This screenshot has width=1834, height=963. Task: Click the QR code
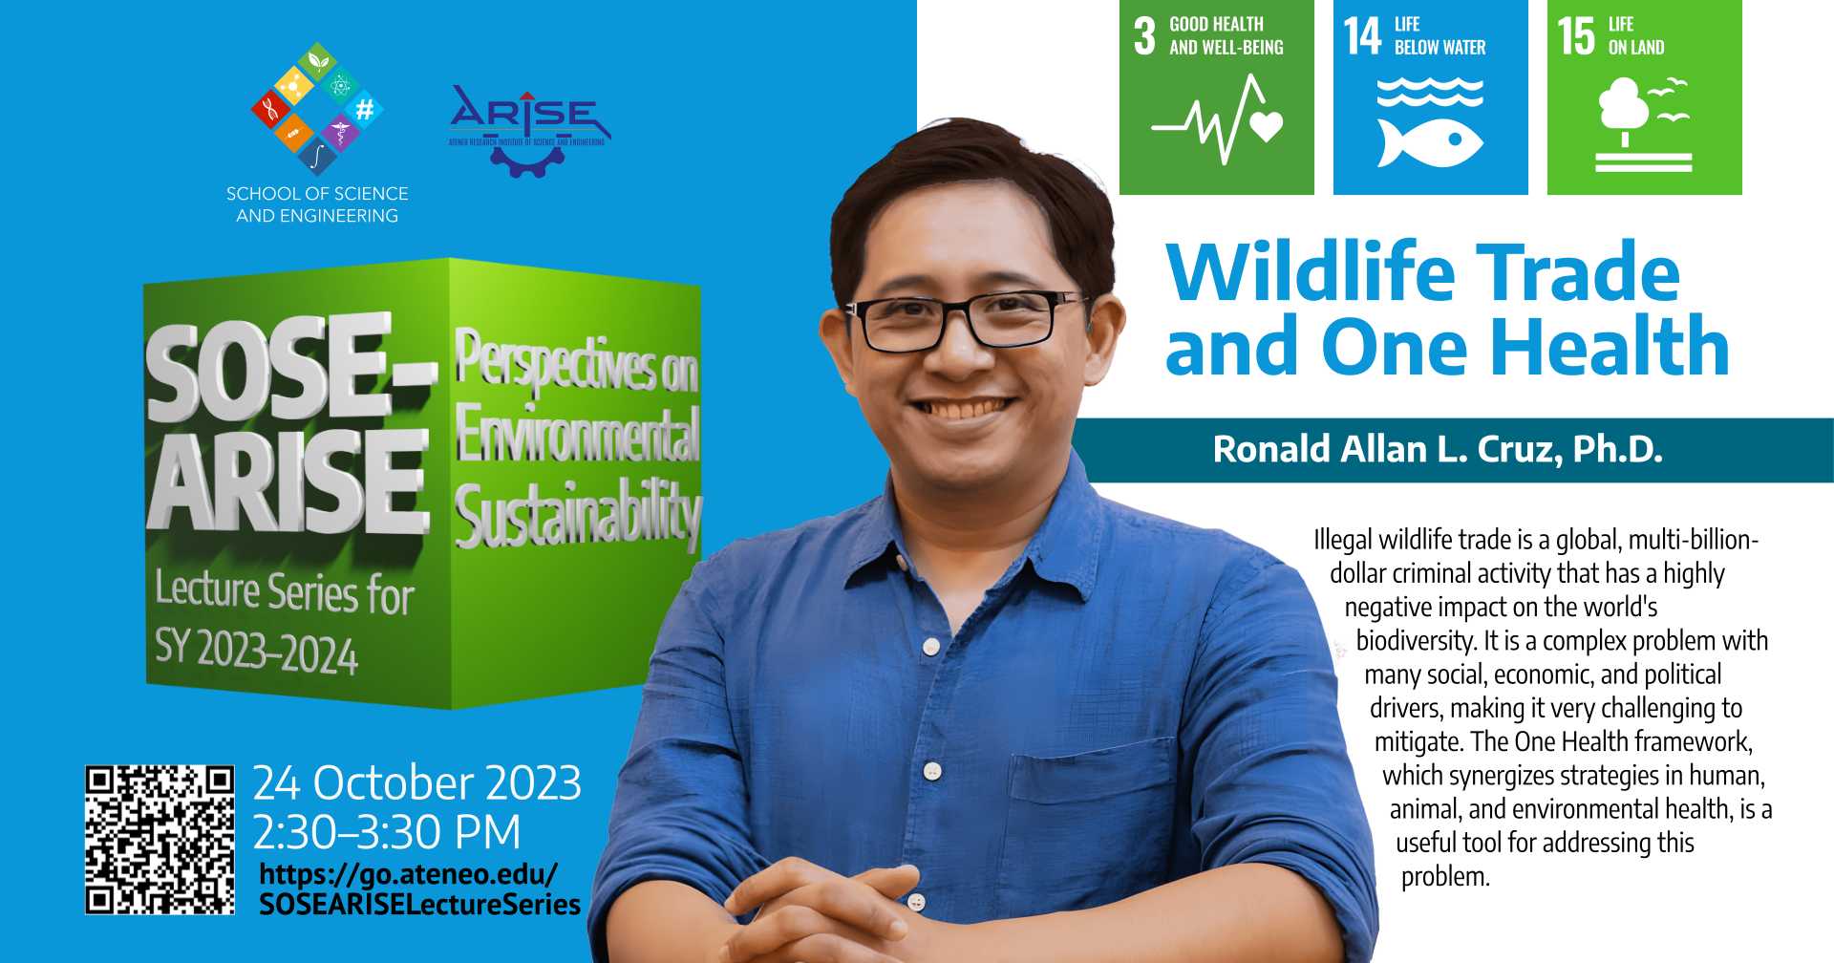pos(160,840)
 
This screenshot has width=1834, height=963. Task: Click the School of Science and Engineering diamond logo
pos(317,107)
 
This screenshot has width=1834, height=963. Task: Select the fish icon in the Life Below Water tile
pos(1430,142)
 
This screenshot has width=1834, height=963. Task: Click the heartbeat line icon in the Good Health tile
pos(1216,121)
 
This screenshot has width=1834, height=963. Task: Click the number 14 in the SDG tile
pos(1362,36)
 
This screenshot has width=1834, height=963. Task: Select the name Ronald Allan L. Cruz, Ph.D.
pos(1438,449)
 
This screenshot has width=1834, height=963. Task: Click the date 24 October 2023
pos(416,783)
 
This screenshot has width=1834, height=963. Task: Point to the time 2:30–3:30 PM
pos(387,832)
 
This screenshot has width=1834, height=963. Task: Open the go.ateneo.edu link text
pos(418,889)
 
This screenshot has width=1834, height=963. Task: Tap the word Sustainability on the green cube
pos(577,516)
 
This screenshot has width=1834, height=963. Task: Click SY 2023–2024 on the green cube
pos(256,652)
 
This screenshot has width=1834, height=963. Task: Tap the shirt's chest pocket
pos(1089,812)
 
